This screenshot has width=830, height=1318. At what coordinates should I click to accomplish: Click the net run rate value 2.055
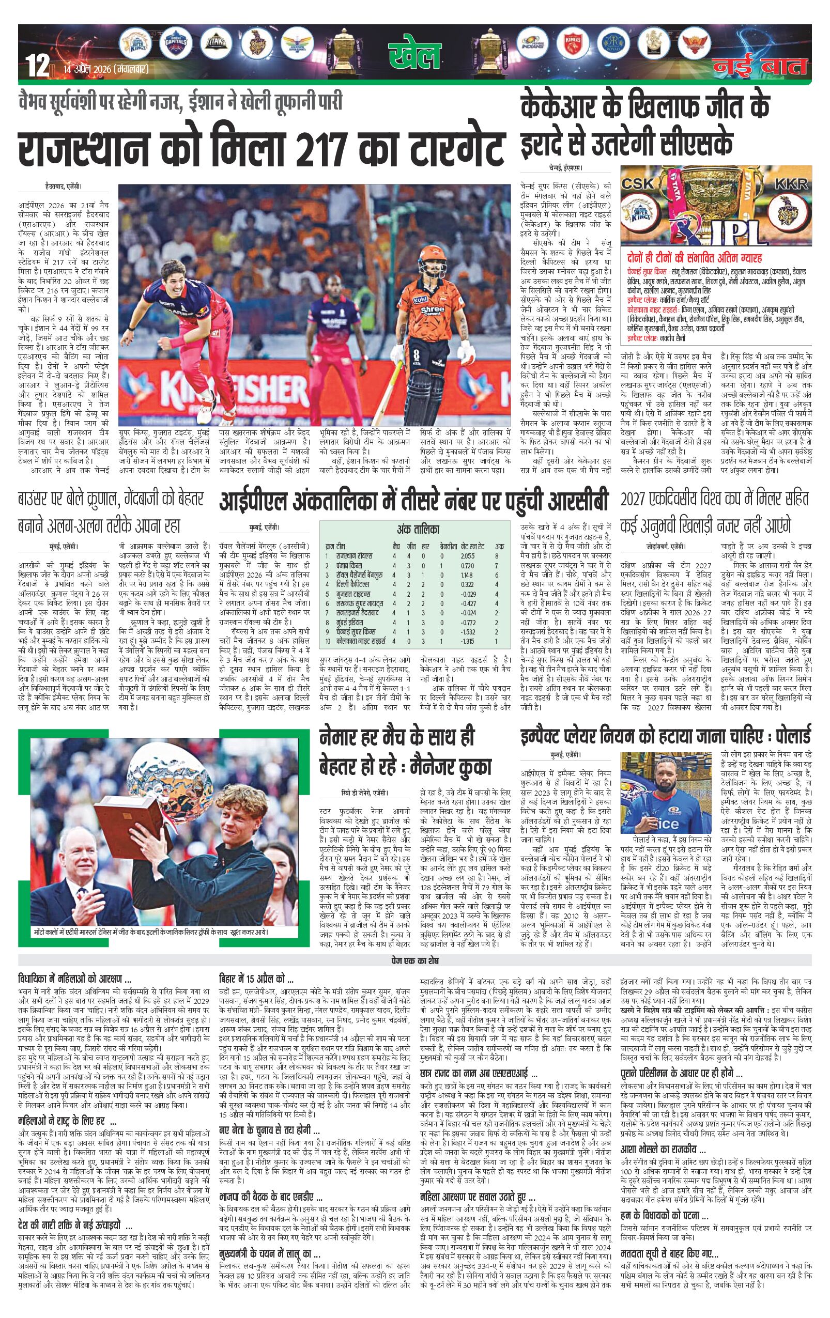[x=467, y=555]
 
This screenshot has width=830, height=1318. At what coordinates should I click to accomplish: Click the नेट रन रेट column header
[x=472, y=546]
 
